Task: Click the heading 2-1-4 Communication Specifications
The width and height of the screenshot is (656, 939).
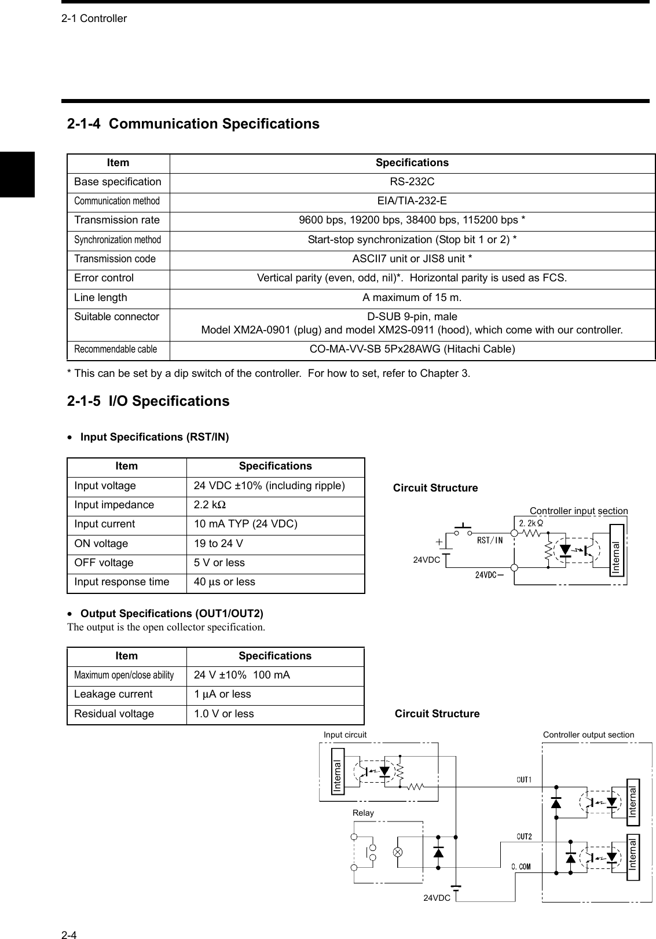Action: pos(193,124)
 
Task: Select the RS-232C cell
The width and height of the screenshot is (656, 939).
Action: pos(412,182)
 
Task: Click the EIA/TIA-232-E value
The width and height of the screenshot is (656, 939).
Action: pos(412,201)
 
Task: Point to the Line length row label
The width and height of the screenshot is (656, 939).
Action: pos(101,298)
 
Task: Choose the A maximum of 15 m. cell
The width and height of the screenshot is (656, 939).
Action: pos(412,298)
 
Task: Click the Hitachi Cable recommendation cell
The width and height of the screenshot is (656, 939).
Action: pos(412,349)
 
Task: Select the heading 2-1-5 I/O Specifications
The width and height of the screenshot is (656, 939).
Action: pos(148,401)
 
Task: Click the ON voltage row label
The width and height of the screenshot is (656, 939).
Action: pos(101,544)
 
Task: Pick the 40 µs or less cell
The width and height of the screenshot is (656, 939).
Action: pos(224,582)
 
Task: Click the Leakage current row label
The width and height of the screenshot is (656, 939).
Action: pos(113,694)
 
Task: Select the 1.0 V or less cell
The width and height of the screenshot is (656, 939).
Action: pos(223,714)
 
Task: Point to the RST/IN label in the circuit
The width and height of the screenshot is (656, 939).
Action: pos(489,540)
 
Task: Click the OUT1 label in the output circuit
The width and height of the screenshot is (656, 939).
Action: pos(524,780)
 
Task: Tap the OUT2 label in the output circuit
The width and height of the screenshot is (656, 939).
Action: pos(524,836)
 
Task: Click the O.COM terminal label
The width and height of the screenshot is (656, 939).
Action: pos(521,867)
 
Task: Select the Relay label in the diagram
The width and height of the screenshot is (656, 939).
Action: pos(363,813)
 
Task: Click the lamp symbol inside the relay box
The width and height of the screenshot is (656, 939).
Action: pos(398,852)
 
